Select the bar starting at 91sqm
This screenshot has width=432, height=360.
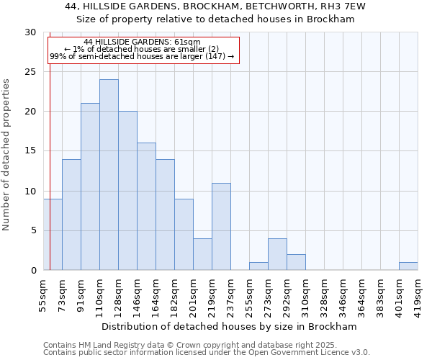[90, 186]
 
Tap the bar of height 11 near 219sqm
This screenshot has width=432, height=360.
[221, 226]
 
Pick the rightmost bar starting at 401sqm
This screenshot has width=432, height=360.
[408, 266]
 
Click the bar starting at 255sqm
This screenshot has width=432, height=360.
[258, 266]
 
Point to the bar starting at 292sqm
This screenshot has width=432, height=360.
[296, 262]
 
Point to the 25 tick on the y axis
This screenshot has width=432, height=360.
[30, 72]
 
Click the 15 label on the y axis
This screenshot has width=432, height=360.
[30, 151]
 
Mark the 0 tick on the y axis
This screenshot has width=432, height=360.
[33, 270]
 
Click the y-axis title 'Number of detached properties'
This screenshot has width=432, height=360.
[7, 155]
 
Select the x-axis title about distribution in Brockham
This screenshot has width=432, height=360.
[230, 326]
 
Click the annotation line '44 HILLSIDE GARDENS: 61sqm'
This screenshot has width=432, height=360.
[142, 42]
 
